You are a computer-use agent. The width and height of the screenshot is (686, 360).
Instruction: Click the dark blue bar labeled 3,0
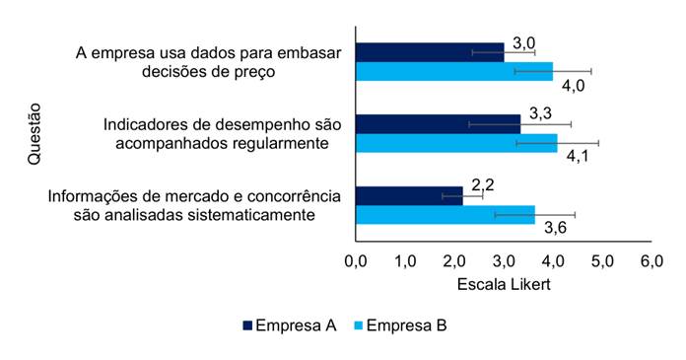(x=430, y=52)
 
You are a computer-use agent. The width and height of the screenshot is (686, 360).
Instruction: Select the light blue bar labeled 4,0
(x=454, y=71)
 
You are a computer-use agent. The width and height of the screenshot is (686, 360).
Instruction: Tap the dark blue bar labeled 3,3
(x=438, y=124)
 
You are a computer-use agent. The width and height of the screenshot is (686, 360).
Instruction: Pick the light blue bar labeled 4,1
(x=456, y=143)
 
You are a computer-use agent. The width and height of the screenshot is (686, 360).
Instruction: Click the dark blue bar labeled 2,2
(x=409, y=195)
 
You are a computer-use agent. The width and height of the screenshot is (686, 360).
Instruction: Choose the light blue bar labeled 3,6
(x=445, y=215)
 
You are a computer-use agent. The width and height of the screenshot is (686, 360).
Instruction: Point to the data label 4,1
(x=578, y=156)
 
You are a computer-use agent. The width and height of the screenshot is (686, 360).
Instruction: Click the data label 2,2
(x=483, y=184)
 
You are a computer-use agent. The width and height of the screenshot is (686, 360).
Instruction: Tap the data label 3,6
(x=556, y=228)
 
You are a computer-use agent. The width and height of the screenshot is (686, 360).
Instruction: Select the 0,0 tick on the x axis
(x=356, y=261)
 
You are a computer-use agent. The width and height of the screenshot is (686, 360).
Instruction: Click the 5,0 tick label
(x=602, y=261)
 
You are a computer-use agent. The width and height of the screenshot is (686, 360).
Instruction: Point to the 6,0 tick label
(x=652, y=261)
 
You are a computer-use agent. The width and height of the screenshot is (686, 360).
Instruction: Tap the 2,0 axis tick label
(x=454, y=261)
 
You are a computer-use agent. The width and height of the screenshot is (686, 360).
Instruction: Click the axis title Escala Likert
(x=504, y=285)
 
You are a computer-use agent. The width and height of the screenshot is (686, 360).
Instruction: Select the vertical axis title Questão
(x=34, y=134)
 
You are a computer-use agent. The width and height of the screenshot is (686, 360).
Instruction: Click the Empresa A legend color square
(x=247, y=325)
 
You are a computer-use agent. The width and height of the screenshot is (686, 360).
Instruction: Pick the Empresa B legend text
(x=406, y=325)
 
